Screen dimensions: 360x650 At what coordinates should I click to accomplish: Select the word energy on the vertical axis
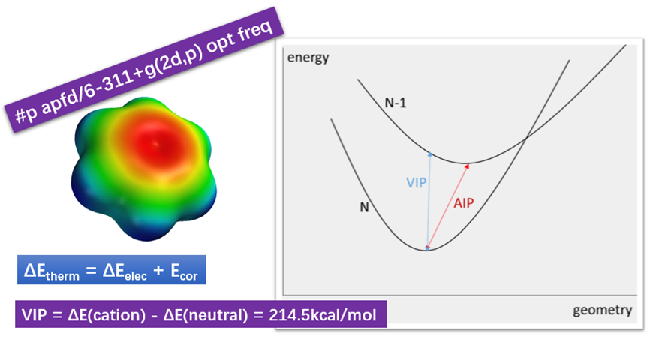click(308, 58)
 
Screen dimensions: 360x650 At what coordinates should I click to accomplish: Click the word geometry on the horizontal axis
click(602, 310)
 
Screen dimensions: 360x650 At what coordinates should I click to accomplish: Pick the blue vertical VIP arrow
click(429, 199)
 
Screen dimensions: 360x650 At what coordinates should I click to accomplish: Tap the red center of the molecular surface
click(155, 142)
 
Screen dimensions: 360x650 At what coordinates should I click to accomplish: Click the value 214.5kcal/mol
click(324, 313)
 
